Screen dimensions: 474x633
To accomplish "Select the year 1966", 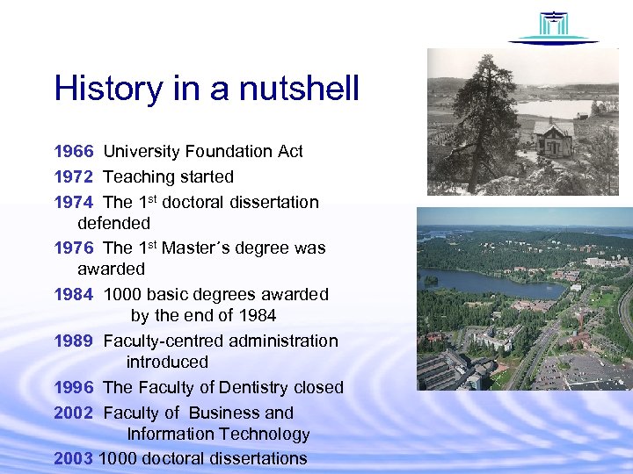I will click(73, 152).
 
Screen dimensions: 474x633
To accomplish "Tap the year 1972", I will click(73, 177).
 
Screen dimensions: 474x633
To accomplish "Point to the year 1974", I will click(73, 203).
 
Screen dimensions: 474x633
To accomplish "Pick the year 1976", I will click(73, 248).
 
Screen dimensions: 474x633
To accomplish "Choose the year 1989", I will click(73, 341).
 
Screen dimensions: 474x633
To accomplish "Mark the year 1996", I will click(73, 387).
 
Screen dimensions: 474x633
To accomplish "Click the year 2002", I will click(73, 413).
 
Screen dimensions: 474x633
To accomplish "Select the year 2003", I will click(73, 458).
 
